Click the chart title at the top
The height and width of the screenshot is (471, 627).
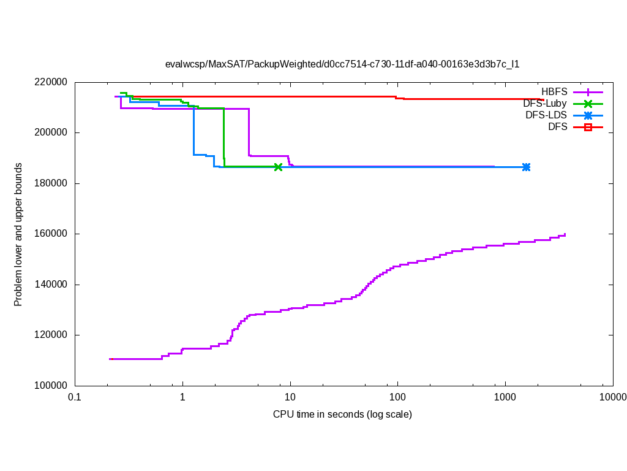(x=342, y=64)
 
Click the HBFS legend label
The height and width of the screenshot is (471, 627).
(x=554, y=92)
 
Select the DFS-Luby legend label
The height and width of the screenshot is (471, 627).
(x=544, y=104)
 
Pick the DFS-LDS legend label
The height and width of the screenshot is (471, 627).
(x=546, y=115)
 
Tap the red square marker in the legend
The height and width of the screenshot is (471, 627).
(x=588, y=127)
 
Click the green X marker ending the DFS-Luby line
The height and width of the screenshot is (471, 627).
(x=278, y=167)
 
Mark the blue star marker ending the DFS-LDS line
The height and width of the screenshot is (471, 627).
(x=526, y=167)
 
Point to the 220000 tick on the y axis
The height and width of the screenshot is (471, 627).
(x=50, y=82)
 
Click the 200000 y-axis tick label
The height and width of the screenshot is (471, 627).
(x=50, y=132)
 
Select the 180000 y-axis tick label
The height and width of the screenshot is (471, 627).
(x=50, y=183)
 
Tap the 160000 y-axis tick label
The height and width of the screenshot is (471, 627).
(x=50, y=234)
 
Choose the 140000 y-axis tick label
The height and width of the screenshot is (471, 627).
(x=50, y=285)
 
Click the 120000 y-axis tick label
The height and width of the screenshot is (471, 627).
(x=50, y=335)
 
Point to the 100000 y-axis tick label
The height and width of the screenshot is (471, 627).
(x=50, y=386)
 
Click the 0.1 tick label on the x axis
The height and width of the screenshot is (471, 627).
(x=75, y=397)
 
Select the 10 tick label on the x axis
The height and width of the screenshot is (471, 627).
(x=290, y=397)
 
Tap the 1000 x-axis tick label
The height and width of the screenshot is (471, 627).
(x=505, y=397)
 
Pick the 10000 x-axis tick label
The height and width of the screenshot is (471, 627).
(x=612, y=397)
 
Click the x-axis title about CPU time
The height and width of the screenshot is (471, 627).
(x=342, y=415)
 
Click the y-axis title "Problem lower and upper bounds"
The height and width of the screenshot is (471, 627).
(x=18, y=234)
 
